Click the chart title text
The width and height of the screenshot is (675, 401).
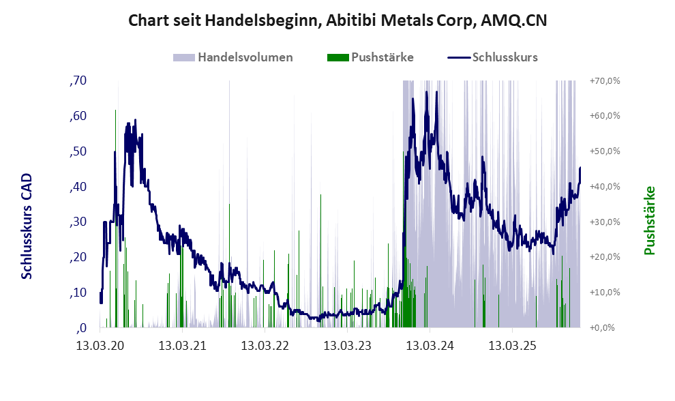(x=337, y=20)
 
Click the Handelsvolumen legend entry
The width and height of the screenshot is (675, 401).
(x=245, y=57)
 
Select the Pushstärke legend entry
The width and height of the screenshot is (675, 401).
(x=382, y=57)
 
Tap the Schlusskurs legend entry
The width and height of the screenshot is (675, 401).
(x=505, y=57)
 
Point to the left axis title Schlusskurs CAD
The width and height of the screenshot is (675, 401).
(x=27, y=226)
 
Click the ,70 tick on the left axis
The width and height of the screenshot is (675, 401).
(x=78, y=81)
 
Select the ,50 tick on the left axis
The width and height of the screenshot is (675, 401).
(x=78, y=151)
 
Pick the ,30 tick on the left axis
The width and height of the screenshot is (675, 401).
(x=78, y=222)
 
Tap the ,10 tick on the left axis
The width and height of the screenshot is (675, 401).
(x=78, y=293)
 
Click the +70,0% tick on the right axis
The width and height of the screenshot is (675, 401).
(x=603, y=81)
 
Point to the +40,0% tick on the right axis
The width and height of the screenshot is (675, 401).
(x=603, y=187)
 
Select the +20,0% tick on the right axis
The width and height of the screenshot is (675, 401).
(x=603, y=257)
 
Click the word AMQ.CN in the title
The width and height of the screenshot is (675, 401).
(x=514, y=20)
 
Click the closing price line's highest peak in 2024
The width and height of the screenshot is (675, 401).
(x=427, y=92)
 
